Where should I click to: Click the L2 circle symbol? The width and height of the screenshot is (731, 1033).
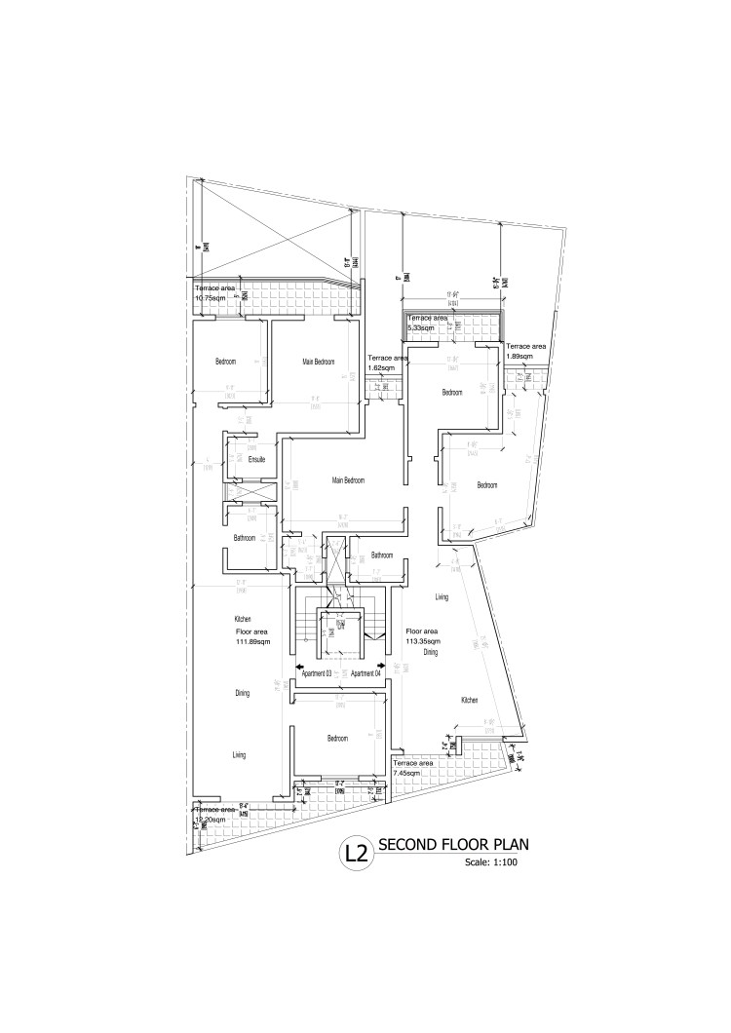coord(355,855)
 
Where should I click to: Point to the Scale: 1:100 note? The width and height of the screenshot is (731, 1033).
coord(488,863)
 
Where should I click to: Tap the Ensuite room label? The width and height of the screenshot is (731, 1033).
coord(257,459)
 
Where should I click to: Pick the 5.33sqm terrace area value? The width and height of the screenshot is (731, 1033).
coord(422,327)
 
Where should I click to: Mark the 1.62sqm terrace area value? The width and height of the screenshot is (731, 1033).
coord(381,368)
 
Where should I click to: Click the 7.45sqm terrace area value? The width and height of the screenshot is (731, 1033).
coord(409,772)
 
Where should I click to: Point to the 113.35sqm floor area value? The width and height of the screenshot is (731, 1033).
coord(423,642)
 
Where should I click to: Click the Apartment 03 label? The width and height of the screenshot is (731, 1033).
coord(318,673)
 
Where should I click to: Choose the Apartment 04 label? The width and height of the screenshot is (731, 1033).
coord(365,673)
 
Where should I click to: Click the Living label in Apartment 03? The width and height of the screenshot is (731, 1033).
coord(239,755)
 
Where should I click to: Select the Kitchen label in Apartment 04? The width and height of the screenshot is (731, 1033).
coord(468,700)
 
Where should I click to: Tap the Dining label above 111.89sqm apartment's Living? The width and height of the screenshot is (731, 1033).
coord(243,694)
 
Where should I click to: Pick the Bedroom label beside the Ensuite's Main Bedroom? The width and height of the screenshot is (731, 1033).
coord(225,363)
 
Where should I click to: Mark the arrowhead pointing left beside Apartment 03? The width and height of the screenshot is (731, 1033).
coord(299,669)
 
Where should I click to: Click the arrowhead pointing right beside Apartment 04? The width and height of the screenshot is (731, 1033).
coord(386,669)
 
